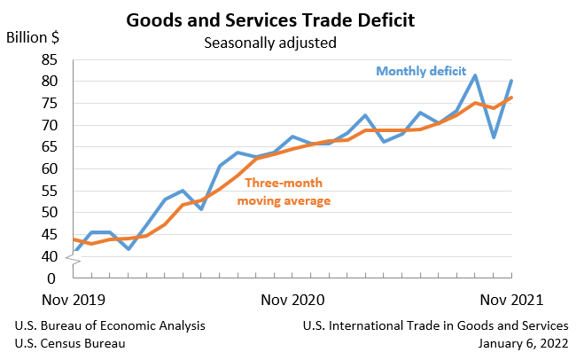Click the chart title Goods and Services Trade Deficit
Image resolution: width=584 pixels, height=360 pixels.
(291, 19)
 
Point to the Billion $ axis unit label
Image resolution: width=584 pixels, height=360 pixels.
(34, 37)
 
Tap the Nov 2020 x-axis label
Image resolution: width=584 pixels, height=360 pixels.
(292, 300)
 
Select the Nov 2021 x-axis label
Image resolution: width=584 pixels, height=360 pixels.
(505, 300)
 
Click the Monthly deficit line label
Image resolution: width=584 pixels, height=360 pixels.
(420, 71)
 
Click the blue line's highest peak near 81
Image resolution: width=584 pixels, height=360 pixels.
(475, 75)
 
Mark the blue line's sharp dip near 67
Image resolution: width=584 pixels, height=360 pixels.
(494, 137)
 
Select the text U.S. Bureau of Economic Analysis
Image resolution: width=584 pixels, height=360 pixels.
(110, 325)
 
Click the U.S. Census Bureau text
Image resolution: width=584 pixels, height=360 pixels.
(70, 343)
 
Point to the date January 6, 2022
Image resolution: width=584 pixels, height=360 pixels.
(523, 343)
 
